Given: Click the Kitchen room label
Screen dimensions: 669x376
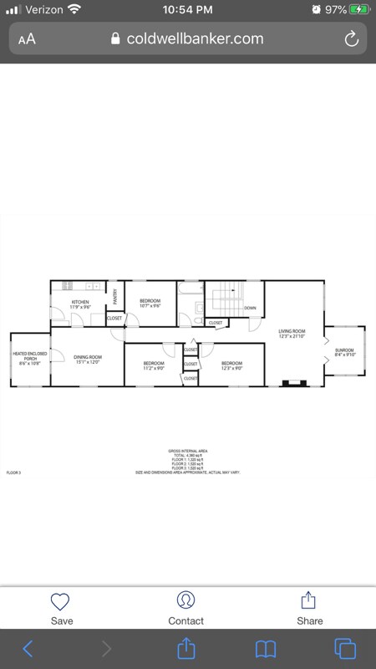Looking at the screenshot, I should [x=80, y=304].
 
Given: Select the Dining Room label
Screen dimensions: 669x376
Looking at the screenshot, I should [x=88, y=360].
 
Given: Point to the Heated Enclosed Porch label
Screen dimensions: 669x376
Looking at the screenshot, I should [x=30, y=359].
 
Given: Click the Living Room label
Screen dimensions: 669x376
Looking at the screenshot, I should [x=292, y=334].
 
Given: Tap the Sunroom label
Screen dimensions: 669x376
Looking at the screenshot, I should [x=344, y=352].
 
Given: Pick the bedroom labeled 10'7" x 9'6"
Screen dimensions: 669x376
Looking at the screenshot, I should [x=150, y=303].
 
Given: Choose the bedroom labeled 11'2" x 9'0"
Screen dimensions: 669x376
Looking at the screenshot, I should [x=154, y=365].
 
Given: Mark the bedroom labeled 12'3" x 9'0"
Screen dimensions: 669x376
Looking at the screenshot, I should [x=231, y=365].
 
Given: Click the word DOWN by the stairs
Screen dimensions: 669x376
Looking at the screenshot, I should [x=250, y=309].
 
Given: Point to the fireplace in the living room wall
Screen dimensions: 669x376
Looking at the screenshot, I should [x=293, y=384].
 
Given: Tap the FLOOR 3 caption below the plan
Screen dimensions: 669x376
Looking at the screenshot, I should [x=13, y=472].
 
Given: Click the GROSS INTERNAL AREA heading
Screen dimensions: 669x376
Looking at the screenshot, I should [x=188, y=451].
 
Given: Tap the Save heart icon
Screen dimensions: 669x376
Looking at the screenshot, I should [x=61, y=601].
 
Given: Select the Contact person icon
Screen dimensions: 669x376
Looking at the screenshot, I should [x=185, y=600].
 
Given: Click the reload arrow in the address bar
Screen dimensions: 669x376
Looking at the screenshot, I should [x=352, y=38].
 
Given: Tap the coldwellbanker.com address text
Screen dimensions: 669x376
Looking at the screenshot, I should [x=195, y=38].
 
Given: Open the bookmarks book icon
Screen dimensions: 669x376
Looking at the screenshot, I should [x=266, y=648].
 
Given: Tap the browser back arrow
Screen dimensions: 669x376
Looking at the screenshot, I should [x=28, y=648].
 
